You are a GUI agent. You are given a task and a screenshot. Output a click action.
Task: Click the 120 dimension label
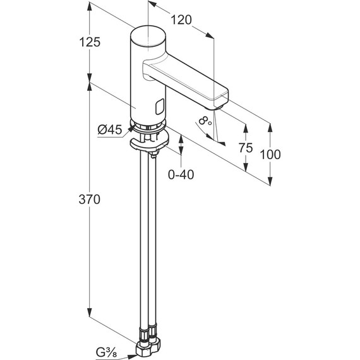click(x=181, y=20)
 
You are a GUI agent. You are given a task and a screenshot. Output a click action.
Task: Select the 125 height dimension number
click(x=90, y=42)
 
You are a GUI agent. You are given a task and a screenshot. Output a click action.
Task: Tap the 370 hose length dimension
click(x=90, y=200)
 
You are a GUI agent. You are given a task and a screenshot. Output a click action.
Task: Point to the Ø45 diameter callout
click(x=110, y=129)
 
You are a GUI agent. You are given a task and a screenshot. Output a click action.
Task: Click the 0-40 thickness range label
click(x=181, y=175)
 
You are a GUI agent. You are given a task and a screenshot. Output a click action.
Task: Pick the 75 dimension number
click(x=246, y=148)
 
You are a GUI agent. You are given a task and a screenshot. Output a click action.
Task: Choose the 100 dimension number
click(x=270, y=154)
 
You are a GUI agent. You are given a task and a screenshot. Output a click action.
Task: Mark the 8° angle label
click(x=205, y=121)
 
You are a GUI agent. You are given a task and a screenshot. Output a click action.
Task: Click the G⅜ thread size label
click(x=106, y=352)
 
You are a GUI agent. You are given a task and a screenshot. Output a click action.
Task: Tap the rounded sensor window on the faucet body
click(x=160, y=107)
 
